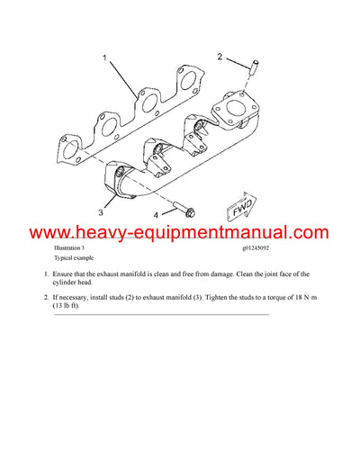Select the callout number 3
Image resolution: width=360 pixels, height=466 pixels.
[101, 214]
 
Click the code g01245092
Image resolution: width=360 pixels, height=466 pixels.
[262, 246]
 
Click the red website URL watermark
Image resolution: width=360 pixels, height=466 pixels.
[180, 232]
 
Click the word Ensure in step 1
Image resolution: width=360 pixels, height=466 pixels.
[67, 273]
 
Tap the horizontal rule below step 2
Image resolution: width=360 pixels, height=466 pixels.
[162, 315]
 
